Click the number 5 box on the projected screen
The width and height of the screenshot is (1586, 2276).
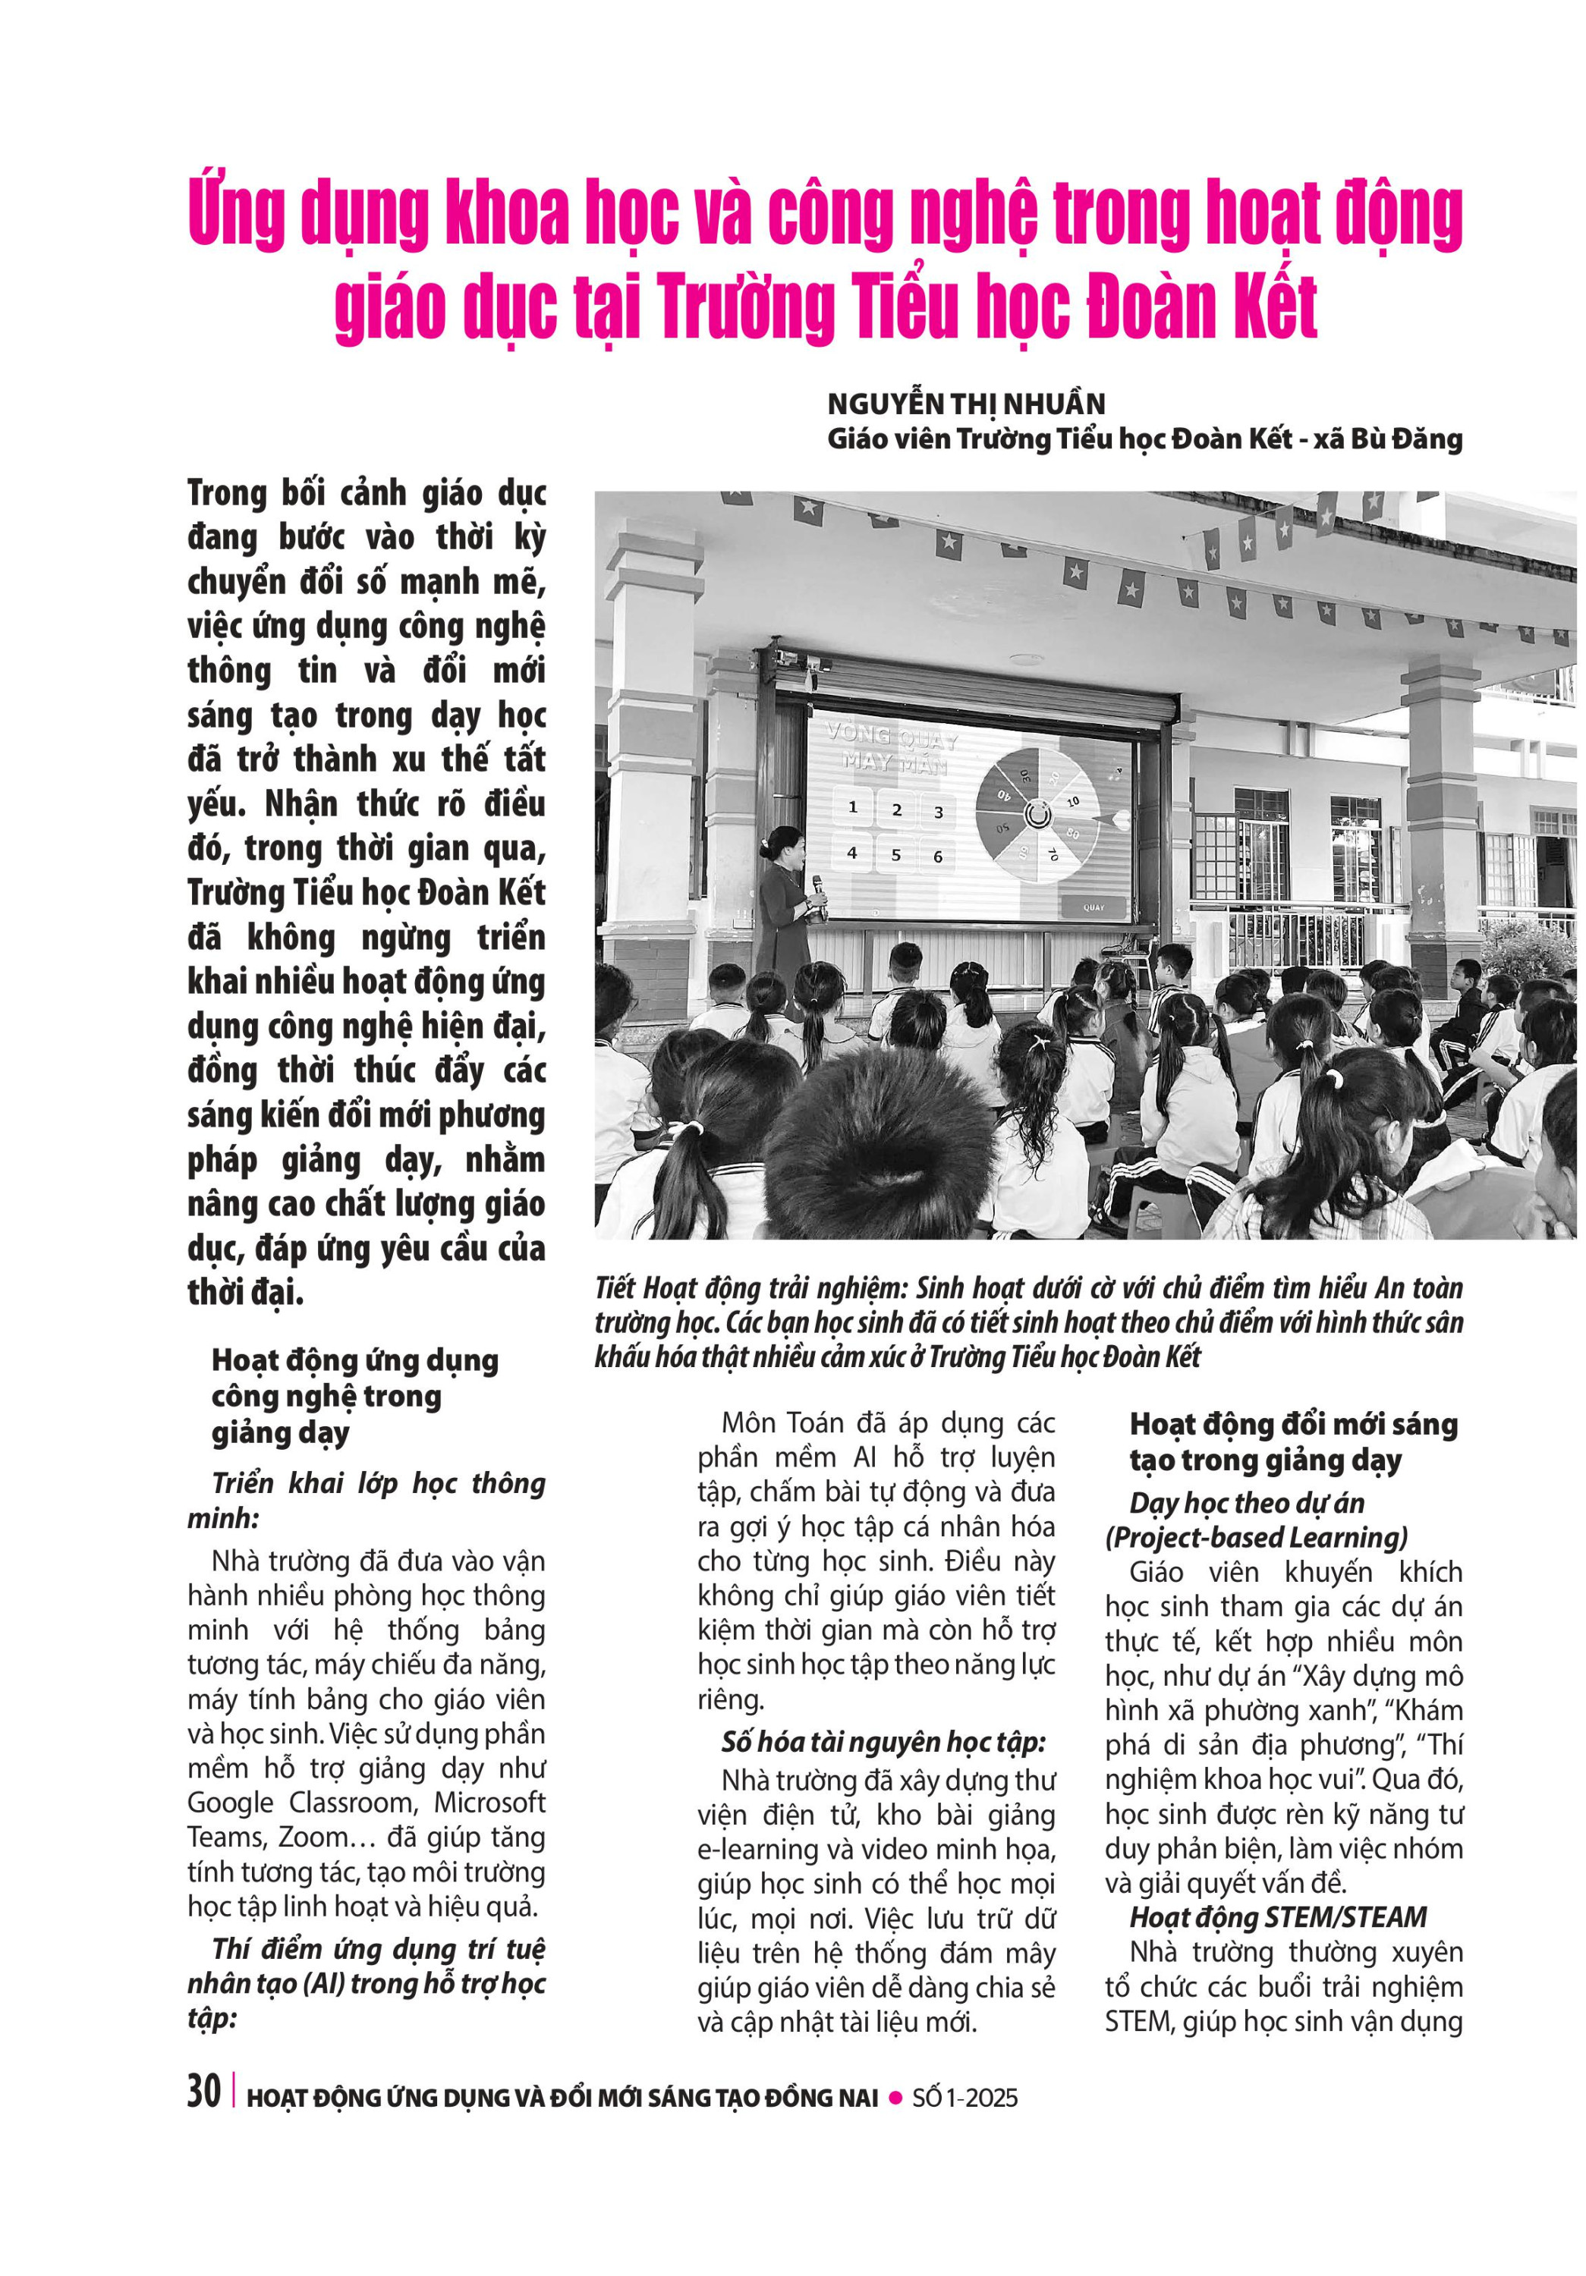pos(895,853)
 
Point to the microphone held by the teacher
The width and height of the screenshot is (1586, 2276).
pos(820,885)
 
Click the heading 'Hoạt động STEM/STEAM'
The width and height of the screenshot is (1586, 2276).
pos(1278,1917)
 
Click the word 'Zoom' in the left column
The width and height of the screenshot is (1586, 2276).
pos(312,1837)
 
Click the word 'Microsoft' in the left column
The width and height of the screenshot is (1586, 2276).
pos(489,1802)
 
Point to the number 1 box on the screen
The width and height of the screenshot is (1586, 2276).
pos(852,807)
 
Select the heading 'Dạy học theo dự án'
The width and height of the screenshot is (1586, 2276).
pos(1247,1503)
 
